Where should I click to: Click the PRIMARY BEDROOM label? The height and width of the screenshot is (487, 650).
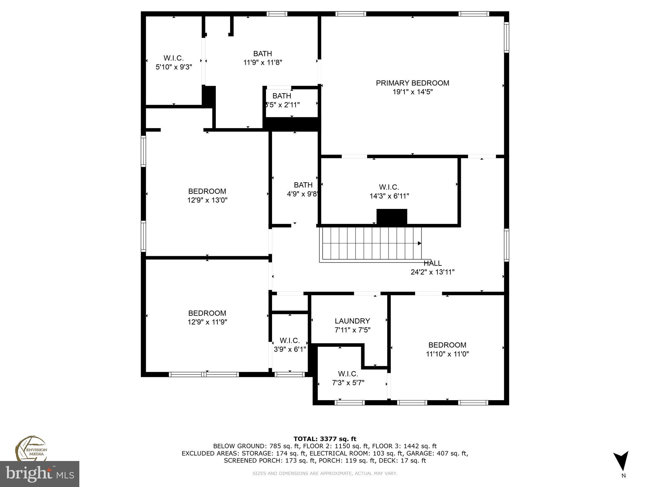(x=412, y=83)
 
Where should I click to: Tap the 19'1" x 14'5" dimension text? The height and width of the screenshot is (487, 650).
(x=412, y=92)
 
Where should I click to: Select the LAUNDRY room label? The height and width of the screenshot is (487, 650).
(x=352, y=321)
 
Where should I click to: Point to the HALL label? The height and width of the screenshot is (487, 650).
(x=433, y=263)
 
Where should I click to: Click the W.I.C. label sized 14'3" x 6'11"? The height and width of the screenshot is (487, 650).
(x=389, y=187)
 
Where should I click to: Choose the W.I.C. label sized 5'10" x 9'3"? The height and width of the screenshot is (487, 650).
(x=174, y=58)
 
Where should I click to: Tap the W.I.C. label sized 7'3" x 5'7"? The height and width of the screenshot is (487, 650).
(x=348, y=374)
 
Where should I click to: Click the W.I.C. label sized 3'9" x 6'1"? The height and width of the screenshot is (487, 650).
(x=289, y=341)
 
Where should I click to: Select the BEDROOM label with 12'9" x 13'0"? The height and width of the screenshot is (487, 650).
(x=207, y=191)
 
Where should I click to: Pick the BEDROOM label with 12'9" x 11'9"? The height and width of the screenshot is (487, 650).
(x=207, y=313)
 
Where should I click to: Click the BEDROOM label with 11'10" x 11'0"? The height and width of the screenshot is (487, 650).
(x=447, y=345)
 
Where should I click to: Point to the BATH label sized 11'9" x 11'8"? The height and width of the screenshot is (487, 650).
(x=262, y=54)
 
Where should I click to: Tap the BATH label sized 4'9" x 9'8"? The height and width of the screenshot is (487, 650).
(x=303, y=185)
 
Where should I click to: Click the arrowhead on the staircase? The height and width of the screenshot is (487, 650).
(x=419, y=243)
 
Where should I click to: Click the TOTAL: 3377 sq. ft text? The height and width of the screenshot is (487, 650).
(x=325, y=439)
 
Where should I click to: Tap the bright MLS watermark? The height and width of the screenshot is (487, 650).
(x=40, y=474)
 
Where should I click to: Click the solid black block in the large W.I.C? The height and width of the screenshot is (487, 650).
(x=392, y=217)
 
